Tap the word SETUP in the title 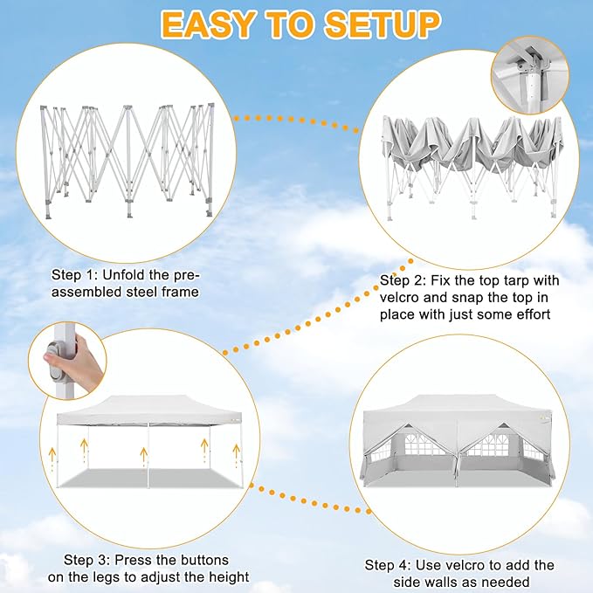382,25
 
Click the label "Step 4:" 388,565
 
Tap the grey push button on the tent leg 56,360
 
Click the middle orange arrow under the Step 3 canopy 144,457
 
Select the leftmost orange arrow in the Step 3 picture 52,459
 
